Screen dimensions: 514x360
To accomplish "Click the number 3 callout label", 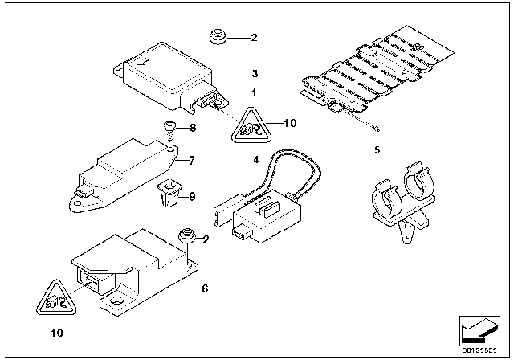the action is pyautogui.click(x=255, y=73).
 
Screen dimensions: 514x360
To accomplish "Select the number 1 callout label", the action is pyautogui.click(x=254, y=92).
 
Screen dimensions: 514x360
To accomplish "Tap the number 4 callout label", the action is pyautogui.click(x=255, y=160).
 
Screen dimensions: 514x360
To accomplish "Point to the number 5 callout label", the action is pyautogui.click(x=377, y=149).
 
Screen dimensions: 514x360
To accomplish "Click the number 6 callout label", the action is pyautogui.click(x=205, y=288).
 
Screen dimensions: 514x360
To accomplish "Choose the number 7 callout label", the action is pyautogui.click(x=192, y=161).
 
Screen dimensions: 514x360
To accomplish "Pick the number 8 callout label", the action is pyautogui.click(x=193, y=127).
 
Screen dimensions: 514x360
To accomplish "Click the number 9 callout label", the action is pyautogui.click(x=193, y=196).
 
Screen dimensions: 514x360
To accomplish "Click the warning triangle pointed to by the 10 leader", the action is pyautogui.click(x=251, y=126).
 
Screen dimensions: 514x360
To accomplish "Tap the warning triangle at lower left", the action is pyautogui.click(x=56, y=298).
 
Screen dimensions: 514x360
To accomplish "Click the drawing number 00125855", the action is pyautogui.click(x=479, y=350).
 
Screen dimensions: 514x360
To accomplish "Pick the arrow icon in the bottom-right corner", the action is pyautogui.click(x=479, y=331).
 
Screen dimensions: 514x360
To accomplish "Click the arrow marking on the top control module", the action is pyautogui.click(x=143, y=61).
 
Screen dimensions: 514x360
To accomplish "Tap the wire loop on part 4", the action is pyautogui.click(x=295, y=171).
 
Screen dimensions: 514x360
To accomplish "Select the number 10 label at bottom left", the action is pyautogui.click(x=57, y=333).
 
